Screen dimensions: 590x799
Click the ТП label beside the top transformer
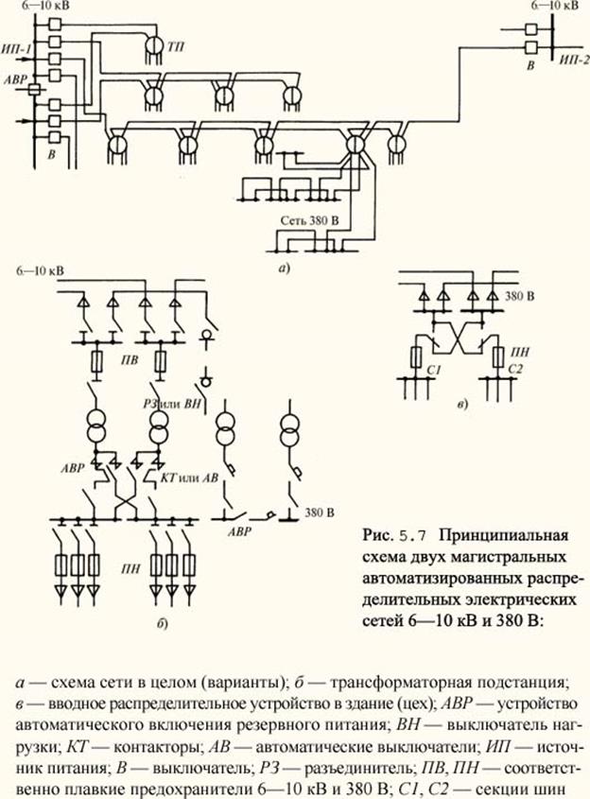pyautogui.click(x=176, y=47)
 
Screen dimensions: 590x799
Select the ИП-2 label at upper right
pyautogui.click(x=574, y=61)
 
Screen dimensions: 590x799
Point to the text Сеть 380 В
pyautogui.click(x=309, y=220)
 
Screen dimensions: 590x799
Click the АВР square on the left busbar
pyautogui.click(x=34, y=90)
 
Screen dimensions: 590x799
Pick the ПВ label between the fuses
pyautogui.click(x=130, y=360)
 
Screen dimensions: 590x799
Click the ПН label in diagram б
pyautogui.click(x=130, y=569)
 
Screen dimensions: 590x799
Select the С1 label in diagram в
pyautogui.click(x=433, y=370)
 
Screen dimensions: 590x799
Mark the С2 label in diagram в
pyautogui.click(x=515, y=369)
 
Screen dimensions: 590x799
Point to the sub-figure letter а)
pyautogui.click(x=284, y=268)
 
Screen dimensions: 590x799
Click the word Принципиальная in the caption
pyautogui.click(x=503, y=536)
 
